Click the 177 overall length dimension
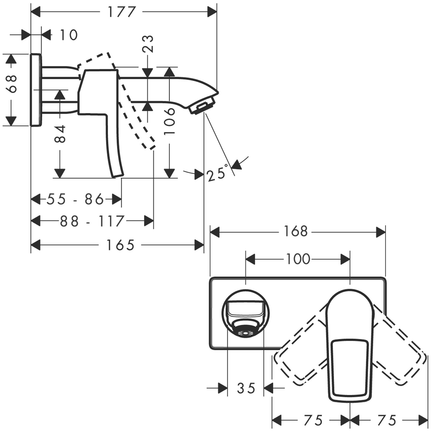point(122,12)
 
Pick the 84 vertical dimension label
point(60,134)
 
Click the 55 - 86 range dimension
point(76,199)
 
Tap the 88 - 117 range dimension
point(92,221)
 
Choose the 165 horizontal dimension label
point(120,245)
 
